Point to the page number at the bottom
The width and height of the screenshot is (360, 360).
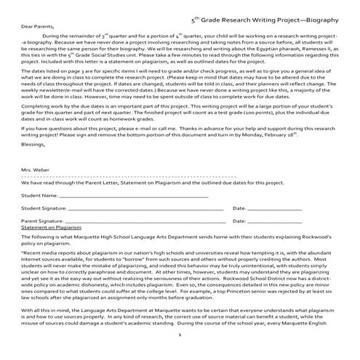[x=180, y=356]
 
